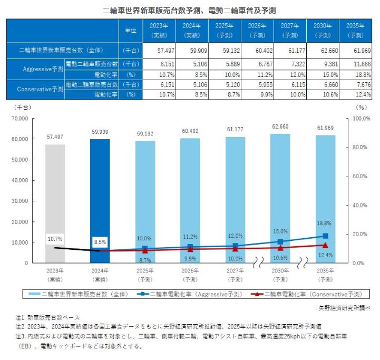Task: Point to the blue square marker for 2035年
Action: (x=325, y=236)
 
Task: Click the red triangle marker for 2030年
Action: (x=280, y=247)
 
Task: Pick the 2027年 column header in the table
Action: (x=289, y=30)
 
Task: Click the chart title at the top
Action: (x=190, y=10)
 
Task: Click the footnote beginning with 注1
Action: (x=47, y=317)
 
